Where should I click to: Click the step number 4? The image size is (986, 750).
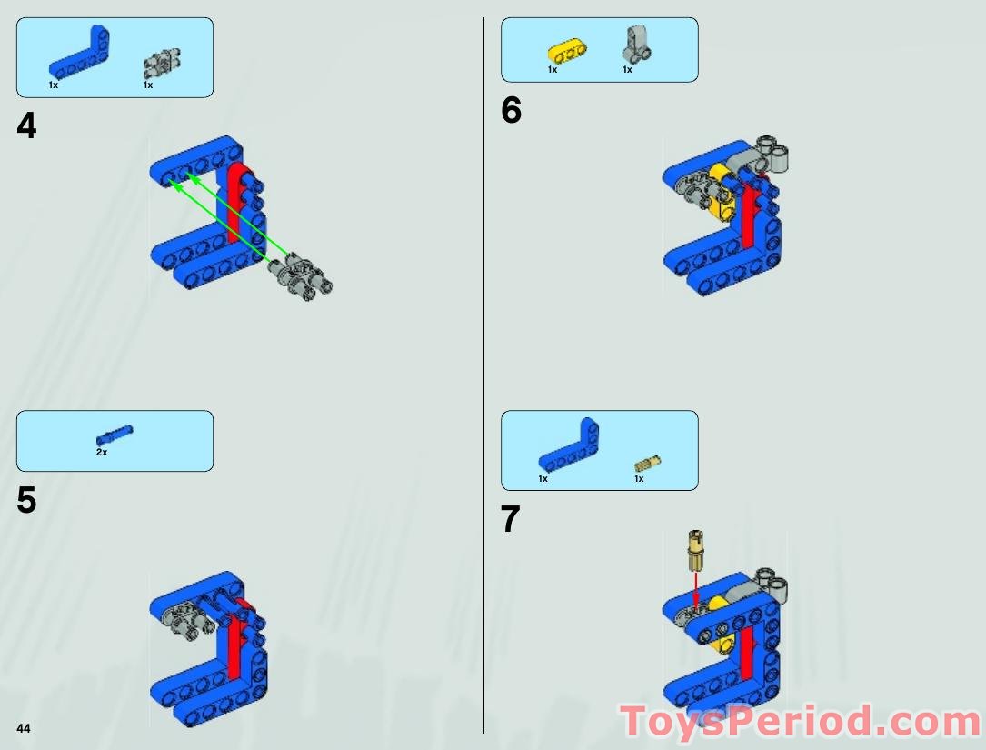pyautogui.click(x=26, y=126)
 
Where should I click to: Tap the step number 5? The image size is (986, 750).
pyautogui.click(x=26, y=501)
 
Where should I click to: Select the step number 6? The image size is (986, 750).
pyautogui.click(x=512, y=111)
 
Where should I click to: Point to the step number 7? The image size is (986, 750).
pyautogui.click(x=511, y=520)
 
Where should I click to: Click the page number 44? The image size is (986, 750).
pyautogui.click(x=23, y=728)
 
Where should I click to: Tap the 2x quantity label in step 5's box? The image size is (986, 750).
pyautogui.click(x=102, y=452)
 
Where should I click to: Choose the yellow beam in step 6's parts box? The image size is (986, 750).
pyautogui.click(x=564, y=51)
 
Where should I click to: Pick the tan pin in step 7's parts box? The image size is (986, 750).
pyautogui.click(x=648, y=463)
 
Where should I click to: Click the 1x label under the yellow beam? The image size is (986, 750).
pyautogui.click(x=553, y=70)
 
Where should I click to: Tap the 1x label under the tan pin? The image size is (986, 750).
pyautogui.click(x=639, y=479)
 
